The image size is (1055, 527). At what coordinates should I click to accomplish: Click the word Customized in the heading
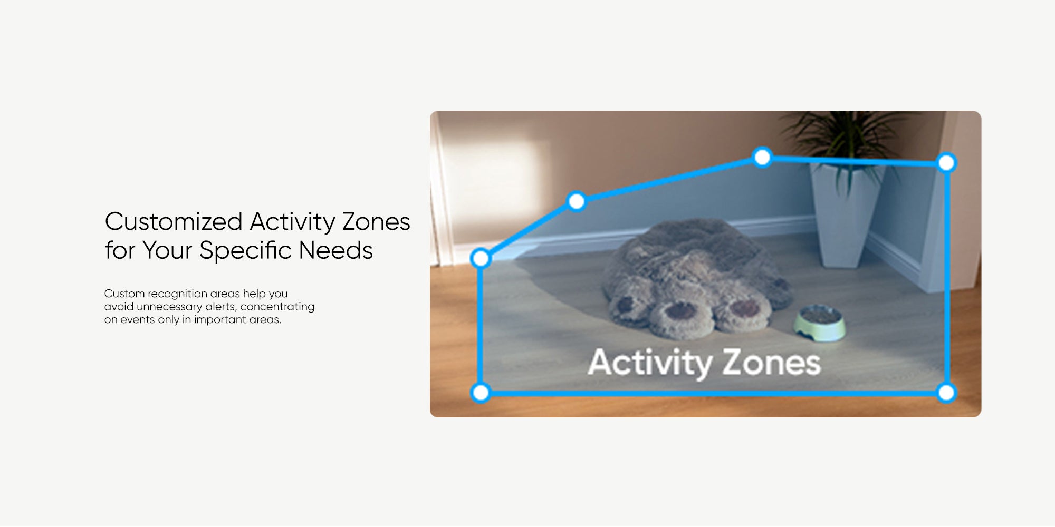174,222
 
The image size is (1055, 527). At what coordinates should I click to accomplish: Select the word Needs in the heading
336,250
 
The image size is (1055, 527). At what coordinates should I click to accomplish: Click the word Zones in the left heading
376,222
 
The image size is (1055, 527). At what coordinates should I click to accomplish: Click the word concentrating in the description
277,307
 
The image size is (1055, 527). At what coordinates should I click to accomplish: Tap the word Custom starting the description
124,294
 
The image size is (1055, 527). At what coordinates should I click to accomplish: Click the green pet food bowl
820,322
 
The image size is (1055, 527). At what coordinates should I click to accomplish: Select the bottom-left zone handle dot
481,393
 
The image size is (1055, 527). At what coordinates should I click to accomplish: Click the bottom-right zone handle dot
946,393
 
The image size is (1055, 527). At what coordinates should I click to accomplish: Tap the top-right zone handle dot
946,162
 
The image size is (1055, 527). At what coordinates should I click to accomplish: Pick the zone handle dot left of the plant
762,157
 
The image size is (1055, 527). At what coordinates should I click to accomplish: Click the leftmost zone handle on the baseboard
481,258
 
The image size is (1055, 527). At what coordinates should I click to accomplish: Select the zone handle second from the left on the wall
576,201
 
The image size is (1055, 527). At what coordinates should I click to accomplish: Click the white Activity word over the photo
650,363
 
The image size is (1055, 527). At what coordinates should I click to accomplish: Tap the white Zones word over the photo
771,363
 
